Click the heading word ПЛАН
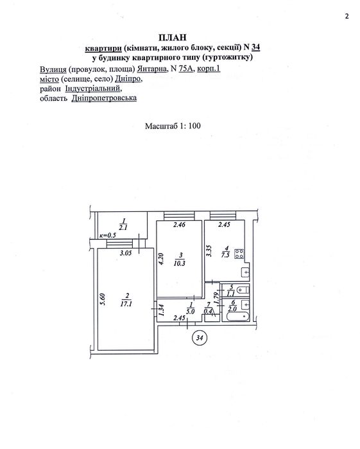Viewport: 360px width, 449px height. (x=172, y=37)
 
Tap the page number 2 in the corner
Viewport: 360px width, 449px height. (x=347, y=16)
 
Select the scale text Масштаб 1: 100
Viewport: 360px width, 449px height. (x=173, y=126)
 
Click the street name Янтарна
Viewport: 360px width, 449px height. (x=152, y=69)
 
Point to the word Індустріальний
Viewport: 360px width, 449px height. (x=94, y=89)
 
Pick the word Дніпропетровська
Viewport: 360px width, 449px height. (x=104, y=98)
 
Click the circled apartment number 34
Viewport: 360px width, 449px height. (x=200, y=338)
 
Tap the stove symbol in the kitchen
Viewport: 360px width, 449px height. (x=239, y=254)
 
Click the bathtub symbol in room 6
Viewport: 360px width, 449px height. (x=238, y=317)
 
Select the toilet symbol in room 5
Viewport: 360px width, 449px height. (x=244, y=290)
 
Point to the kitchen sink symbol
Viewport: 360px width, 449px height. (x=246, y=272)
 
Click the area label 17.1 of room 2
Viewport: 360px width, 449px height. (x=126, y=304)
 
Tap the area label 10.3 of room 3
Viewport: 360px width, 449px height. (x=180, y=263)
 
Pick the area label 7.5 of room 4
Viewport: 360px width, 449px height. (x=225, y=255)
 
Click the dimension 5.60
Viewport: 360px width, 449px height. (x=103, y=299)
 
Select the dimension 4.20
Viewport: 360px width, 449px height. (x=161, y=259)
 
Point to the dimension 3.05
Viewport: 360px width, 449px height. (x=126, y=253)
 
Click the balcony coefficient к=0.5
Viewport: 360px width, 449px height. (x=108, y=235)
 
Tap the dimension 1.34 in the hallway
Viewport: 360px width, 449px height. (x=162, y=310)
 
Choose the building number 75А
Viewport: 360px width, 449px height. (x=186, y=69)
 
